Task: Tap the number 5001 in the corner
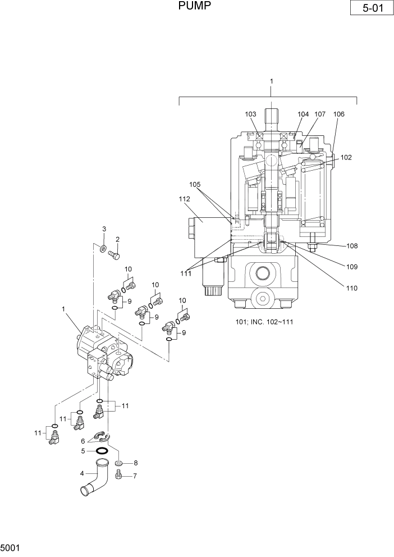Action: pyautogui.click(x=11, y=547)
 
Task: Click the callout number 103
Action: pyautogui.click(x=251, y=114)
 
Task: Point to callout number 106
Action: pyautogui.click(x=338, y=114)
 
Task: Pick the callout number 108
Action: pyautogui.click(x=352, y=246)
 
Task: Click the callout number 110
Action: pyautogui.click(x=352, y=288)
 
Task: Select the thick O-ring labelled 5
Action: pyautogui.click(x=102, y=451)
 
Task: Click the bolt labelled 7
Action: pyautogui.click(x=119, y=476)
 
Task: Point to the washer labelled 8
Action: pyautogui.click(x=119, y=463)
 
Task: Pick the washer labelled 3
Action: pyautogui.click(x=104, y=248)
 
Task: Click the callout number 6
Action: pyautogui.click(x=84, y=441)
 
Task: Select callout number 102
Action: pyautogui.click(x=346, y=158)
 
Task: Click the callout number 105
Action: pyautogui.click(x=194, y=184)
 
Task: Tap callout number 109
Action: pyautogui.click(x=352, y=267)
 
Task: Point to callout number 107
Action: pyautogui.click(x=319, y=114)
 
